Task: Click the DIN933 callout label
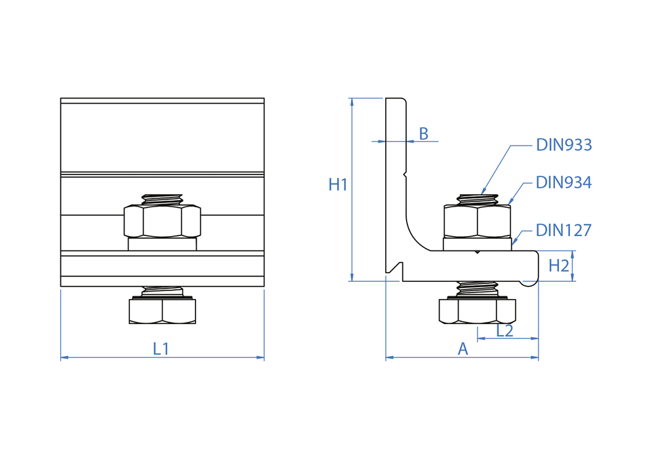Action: [x=564, y=145]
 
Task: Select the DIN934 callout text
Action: [x=564, y=182]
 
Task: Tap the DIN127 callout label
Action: [x=564, y=230]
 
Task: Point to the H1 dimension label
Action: [x=338, y=185]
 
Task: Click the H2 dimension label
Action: [x=558, y=266]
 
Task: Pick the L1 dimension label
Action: [x=161, y=349]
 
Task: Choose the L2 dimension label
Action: [x=504, y=331]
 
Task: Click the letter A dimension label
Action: [x=462, y=349]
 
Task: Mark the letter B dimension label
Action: [x=424, y=134]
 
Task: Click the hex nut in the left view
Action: [x=162, y=221]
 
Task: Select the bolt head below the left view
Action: [x=162, y=311]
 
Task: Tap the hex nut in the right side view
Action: [x=477, y=221]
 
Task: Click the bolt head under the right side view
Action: [x=477, y=311]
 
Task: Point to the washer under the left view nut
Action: [x=162, y=244]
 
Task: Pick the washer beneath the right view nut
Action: [x=477, y=244]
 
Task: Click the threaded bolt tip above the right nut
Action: [x=477, y=199]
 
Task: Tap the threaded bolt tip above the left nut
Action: [x=162, y=199]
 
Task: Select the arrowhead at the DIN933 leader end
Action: [x=484, y=191]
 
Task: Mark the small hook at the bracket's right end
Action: [x=528, y=283]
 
